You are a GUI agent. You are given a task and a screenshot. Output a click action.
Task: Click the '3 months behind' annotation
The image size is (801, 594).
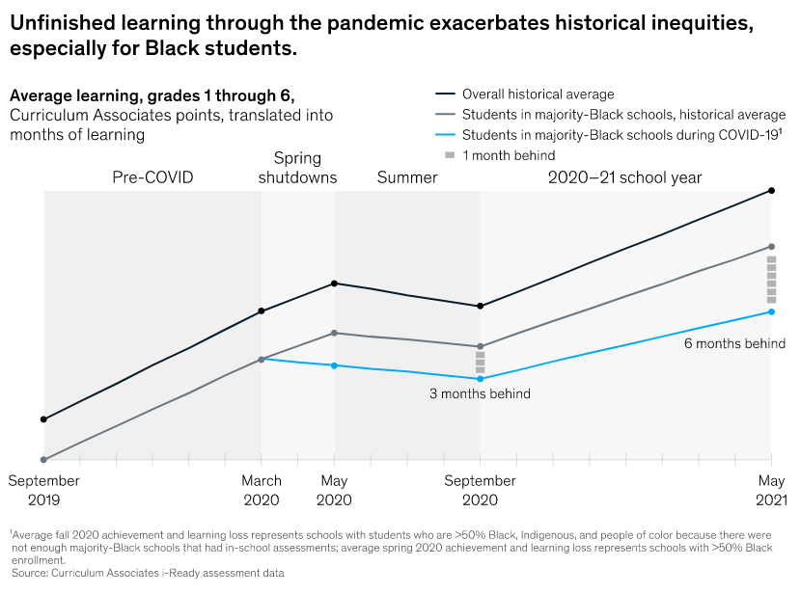pyautogui.click(x=480, y=393)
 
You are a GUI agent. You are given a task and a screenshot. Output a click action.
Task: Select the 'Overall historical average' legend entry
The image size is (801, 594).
pyautogui.click(x=538, y=94)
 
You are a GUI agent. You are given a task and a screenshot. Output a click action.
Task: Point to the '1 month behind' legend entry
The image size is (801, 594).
pyautogui.click(x=509, y=155)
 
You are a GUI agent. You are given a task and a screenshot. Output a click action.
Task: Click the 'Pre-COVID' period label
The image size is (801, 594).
pyautogui.click(x=152, y=177)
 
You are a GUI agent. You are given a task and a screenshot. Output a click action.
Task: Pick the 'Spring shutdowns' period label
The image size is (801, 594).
pyautogui.click(x=297, y=168)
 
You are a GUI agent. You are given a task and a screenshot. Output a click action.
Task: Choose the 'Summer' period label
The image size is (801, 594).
pyautogui.click(x=407, y=177)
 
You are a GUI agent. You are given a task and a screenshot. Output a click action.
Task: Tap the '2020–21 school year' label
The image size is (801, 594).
pyautogui.click(x=624, y=177)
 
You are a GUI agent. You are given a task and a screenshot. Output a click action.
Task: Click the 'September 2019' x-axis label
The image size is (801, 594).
pyautogui.click(x=43, y=490)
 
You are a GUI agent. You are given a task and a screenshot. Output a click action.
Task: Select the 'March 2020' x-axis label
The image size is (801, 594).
pyautogui.click(x=262, y=490)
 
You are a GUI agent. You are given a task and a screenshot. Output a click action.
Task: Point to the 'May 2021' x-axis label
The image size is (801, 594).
pyautogui.click(x=771, y=490)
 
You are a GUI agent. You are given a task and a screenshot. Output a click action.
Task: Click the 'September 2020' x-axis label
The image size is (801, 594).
pyautogui.click(x=480, y=490)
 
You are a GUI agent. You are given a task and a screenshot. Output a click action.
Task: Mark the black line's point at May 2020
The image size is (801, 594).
pyautogui.click(x=334, y=283)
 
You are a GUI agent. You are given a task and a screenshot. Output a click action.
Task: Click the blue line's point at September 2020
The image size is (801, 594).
pyautogui.click(x=480, y=379)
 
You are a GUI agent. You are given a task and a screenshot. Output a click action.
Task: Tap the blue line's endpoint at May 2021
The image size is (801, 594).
pyautogui.click(x=771, y=311)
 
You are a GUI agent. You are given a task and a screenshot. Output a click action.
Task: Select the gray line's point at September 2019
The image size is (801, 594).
pyautogui.click(x=43, y=460)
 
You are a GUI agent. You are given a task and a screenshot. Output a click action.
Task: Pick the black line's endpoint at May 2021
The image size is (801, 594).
pyautogui.click(x=771, y=190)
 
